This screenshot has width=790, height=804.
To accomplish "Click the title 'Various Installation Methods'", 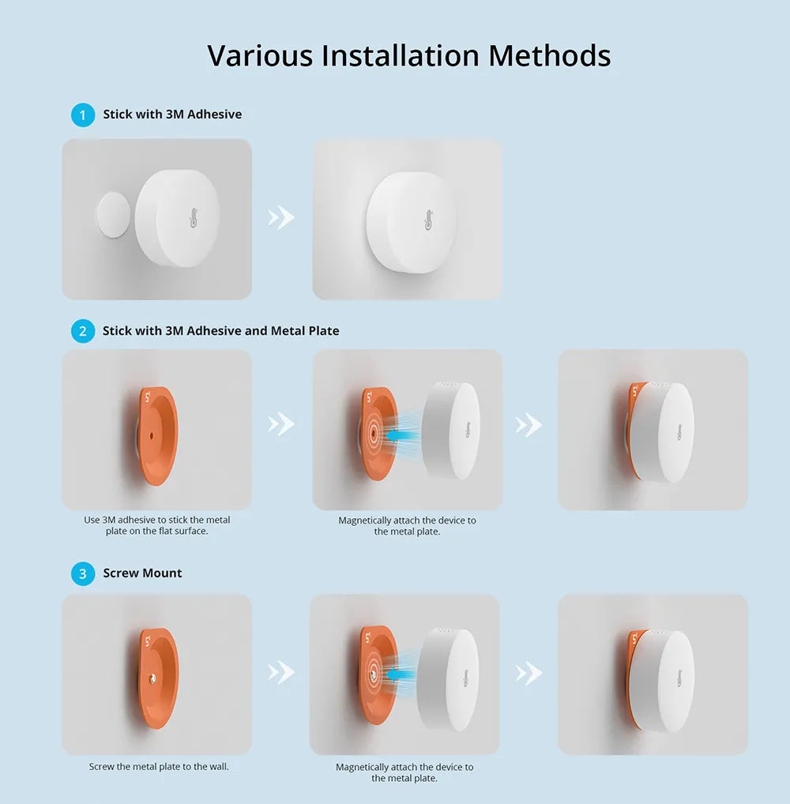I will pyautogui.click(x=408, y=56).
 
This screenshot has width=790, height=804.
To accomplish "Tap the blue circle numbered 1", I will pyautogui.click(x=82, y=115).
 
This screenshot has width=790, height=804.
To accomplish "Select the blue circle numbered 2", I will pyautogui.click(x=82, y=331).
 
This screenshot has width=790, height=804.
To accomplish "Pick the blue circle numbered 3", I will pyautogui.click(x=82, y=573).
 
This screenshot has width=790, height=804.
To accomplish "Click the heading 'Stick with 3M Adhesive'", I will pyautogui.click(x=172, y=115).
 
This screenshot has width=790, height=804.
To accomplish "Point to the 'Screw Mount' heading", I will pyautogui.click(x=142, y=573).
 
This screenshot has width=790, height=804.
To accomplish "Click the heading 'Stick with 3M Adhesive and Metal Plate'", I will pyautogui.click(x=220, y=331).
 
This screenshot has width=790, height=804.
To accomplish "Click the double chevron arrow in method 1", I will pyautogui.click(x=281, y=217).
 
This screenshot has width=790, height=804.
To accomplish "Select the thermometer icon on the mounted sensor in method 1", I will pyautogui.click(x=428, y=220).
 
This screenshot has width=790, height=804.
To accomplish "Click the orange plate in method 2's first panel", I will pyautogui.click(x=158, y=434).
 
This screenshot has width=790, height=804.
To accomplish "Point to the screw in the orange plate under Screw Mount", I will pyautogui.click(x=152, y=678).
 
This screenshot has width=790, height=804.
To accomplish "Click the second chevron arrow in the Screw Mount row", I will pyautogui.click(x=529, y=673).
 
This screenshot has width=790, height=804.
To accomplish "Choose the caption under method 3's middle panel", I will pyautogui.click(x=404, y=772).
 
